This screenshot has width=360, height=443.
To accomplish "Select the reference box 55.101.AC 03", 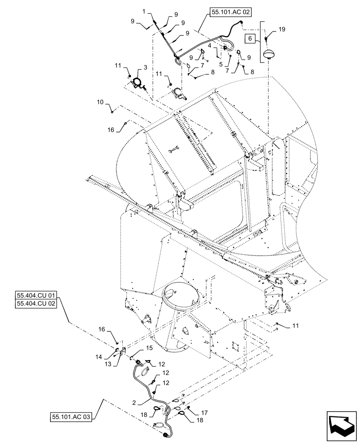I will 71,417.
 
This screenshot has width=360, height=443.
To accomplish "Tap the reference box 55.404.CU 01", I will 37,295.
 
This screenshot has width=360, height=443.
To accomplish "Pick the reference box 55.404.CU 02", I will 37,304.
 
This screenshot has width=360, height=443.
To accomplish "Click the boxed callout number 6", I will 249,39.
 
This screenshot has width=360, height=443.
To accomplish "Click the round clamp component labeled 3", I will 138,83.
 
